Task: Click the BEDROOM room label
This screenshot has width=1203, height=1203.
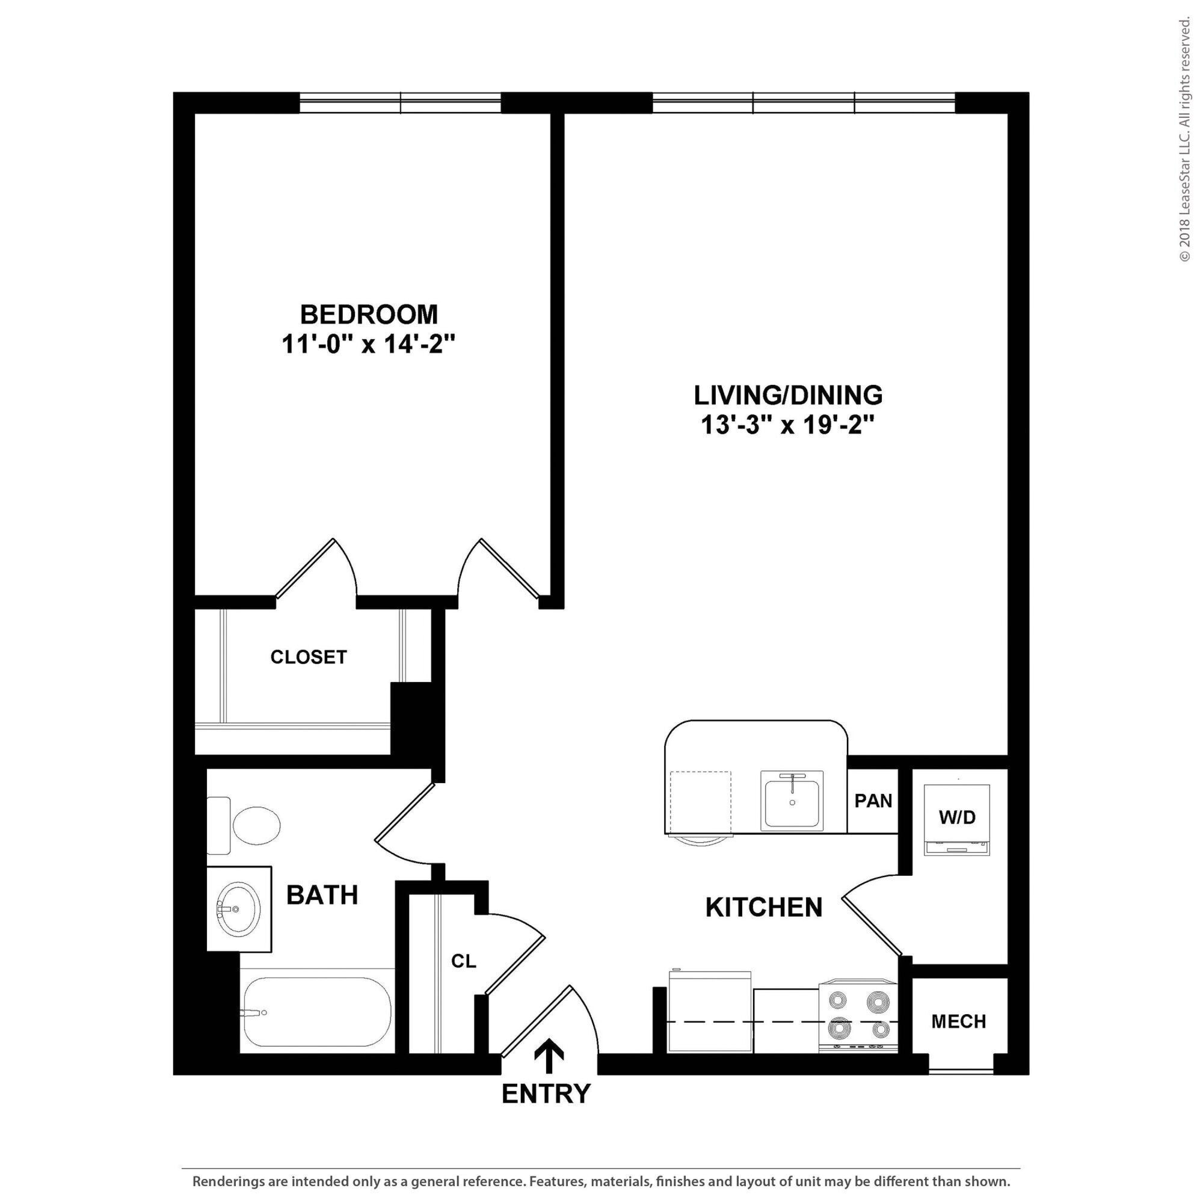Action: pos(369,315)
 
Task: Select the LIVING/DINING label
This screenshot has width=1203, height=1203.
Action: pos(789,395)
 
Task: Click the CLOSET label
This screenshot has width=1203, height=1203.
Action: pos(308,657)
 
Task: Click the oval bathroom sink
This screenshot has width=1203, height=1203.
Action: pos(238,909)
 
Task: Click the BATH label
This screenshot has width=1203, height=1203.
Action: pos(322,895)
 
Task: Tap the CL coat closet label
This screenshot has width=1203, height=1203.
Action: pos(463,961)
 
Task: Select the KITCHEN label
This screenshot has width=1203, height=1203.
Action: pos(764,907)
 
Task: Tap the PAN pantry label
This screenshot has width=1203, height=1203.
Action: pos(873,801)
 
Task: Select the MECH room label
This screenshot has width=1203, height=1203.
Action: pos(959,1022)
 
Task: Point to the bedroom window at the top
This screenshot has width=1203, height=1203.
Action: pos(401,103)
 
